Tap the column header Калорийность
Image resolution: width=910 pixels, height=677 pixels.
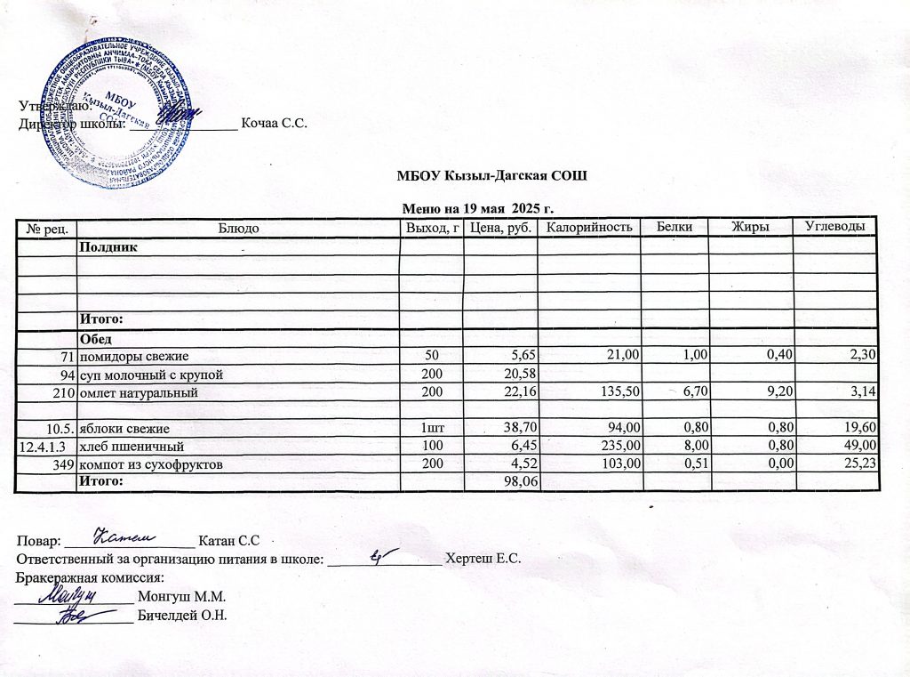click(x=589, y=228)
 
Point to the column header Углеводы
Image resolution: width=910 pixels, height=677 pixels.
click(x=834, y=228)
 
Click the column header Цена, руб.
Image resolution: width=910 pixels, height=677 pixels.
click(x=502, y=229)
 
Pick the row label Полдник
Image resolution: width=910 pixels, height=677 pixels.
click(x=108, y=246)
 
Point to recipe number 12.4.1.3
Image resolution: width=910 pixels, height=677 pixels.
click(x=45, y=446)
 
